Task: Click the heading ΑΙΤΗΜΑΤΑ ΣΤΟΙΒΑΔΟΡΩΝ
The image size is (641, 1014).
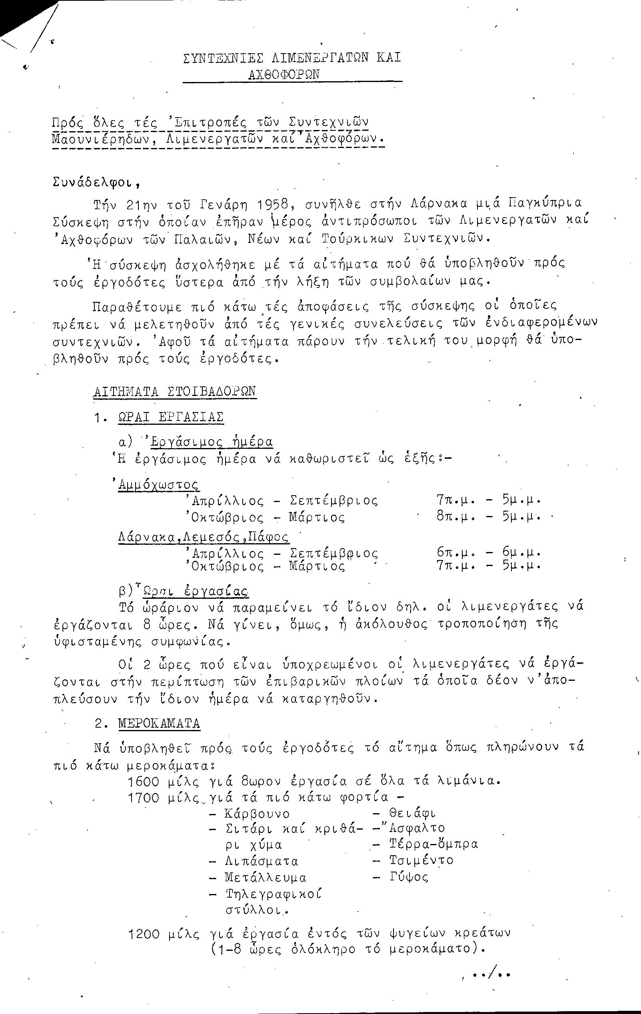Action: (x=174, y=392)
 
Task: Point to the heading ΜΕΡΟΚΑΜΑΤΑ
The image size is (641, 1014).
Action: (x=159, y=724)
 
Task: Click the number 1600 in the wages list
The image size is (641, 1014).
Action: (x=144, y=782)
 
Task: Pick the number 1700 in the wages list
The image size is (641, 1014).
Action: (x=144, y=798)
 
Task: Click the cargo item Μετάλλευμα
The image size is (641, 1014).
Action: (x=266, y=878)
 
